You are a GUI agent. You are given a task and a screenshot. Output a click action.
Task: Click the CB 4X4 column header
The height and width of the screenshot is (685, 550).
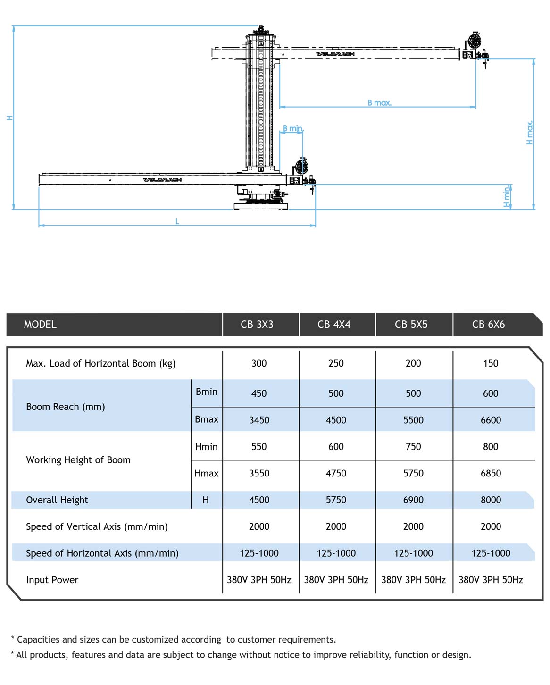point(334,325)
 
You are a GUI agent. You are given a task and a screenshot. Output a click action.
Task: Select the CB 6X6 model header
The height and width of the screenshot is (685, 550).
point(488,325)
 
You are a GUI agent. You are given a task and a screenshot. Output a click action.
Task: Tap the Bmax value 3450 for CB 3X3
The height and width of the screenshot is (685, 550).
point(259,420)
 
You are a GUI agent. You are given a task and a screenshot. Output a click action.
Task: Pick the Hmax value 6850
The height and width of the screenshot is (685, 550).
point(491,473)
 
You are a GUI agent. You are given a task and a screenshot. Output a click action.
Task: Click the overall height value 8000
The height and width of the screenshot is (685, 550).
point(491,500)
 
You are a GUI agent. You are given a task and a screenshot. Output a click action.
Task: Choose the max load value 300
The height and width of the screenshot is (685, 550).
point(259,363)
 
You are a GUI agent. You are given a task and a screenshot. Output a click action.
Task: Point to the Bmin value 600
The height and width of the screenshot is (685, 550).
point(491,393)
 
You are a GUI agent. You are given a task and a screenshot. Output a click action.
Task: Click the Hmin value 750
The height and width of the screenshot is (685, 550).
point(413,447)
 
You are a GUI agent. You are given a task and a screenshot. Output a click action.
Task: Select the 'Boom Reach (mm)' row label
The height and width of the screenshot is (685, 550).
point(66,407)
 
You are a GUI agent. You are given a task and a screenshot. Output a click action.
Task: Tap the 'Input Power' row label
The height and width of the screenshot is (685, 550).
point(52,580)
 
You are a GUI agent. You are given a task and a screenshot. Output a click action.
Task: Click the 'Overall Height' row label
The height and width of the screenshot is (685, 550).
point(57,500)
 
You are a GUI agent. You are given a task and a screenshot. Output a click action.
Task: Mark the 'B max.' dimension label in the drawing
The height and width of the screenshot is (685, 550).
point(380,103)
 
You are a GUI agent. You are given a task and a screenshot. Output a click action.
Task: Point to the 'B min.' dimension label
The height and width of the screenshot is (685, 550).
point(292,128)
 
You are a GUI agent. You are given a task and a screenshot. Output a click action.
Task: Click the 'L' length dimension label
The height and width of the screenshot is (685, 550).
point(177,221)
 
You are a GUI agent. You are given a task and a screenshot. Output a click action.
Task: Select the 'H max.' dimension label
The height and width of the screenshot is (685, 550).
point(530,133)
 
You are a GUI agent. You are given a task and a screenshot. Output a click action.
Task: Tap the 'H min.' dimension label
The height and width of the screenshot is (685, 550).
point(507,197)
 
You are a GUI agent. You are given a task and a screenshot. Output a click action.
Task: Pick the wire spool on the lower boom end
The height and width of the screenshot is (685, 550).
point(301,167)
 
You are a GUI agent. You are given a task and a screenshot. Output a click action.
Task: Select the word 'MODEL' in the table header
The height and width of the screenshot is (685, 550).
point(40,325)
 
